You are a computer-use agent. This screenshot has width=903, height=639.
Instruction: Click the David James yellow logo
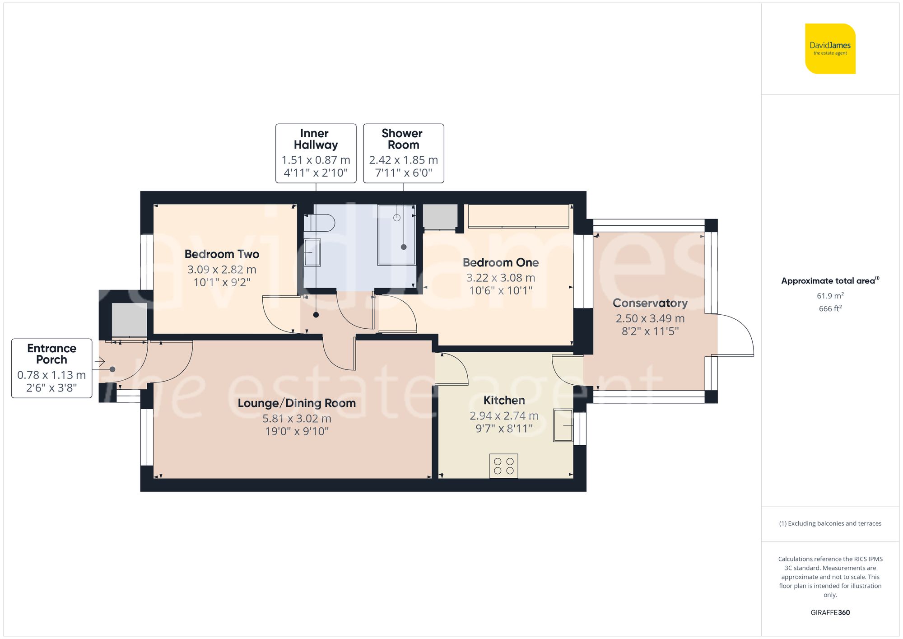(x=830, y=49)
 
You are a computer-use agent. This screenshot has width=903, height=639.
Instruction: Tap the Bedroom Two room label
(x=222, y=254)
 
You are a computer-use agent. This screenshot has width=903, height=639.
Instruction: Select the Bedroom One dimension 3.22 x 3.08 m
(x=500, y=278)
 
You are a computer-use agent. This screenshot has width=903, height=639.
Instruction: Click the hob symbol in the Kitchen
(x=503, y=466)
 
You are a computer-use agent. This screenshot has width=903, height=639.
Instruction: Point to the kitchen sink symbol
(x=563, y=425)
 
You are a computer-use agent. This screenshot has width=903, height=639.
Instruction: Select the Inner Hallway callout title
(x=316, y=139)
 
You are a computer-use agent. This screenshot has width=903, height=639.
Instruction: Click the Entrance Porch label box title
(x=51, y=354)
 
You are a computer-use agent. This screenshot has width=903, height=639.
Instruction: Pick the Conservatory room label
(x=650, y=303)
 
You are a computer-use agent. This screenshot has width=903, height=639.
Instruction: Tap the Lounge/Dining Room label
(x=297, y=403)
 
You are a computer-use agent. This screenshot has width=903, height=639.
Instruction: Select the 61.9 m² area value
(x=830, y=296)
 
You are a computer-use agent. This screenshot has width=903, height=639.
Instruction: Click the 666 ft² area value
(x=830, y=309)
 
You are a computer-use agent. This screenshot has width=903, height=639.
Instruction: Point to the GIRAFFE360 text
(x=830, y=613)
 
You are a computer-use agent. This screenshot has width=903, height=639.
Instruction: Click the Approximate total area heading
(x=830, y=281)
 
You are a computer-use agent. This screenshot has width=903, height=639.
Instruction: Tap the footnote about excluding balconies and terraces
(x=830, y=523)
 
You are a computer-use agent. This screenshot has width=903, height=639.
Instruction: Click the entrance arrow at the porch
(x=100, y=362)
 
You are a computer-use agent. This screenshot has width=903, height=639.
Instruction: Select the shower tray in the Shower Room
(x=396, y=235)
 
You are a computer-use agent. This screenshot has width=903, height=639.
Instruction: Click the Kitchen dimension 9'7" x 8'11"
(x=504, y=429)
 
